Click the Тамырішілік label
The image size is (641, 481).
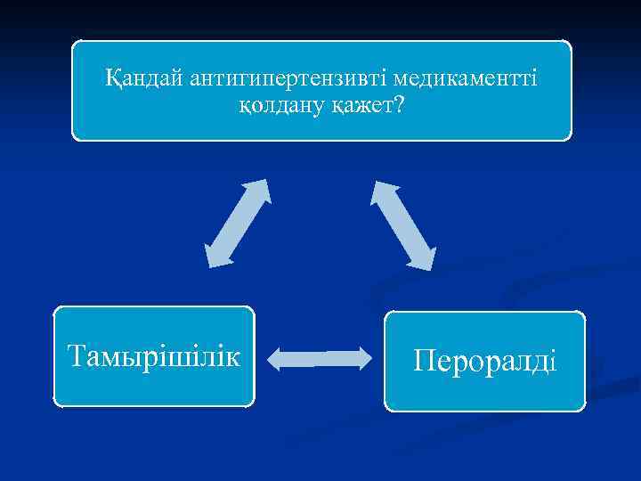point(154,356)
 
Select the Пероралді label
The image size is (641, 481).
point(485,361)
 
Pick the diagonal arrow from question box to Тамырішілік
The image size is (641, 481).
point(237,223)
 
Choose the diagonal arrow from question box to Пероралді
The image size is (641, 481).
point(403,224)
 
